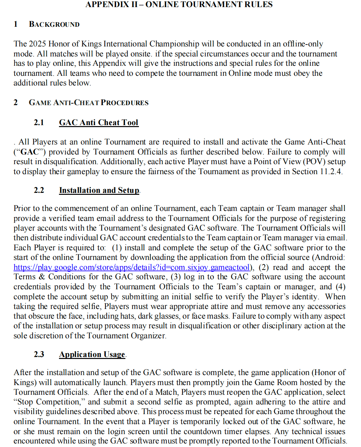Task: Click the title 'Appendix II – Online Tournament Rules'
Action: tap(179, 5)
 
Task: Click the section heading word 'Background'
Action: tap(54, 25)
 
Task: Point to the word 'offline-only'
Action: tap(303, 44)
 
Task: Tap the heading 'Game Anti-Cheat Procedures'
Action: tap(89, 103)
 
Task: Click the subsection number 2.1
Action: tap(39, 123)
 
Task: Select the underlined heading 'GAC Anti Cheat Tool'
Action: tap(99, 123)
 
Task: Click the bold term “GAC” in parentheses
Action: tap(30, 152)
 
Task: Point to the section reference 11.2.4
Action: tap(330, 172)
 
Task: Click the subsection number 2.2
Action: tap(39, 190)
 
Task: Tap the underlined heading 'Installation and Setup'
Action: tap(99, 190)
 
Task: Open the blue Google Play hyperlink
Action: tap(132, 267)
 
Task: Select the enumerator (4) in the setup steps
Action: tap(340, 287)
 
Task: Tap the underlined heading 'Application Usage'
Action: tap(92, 354)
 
